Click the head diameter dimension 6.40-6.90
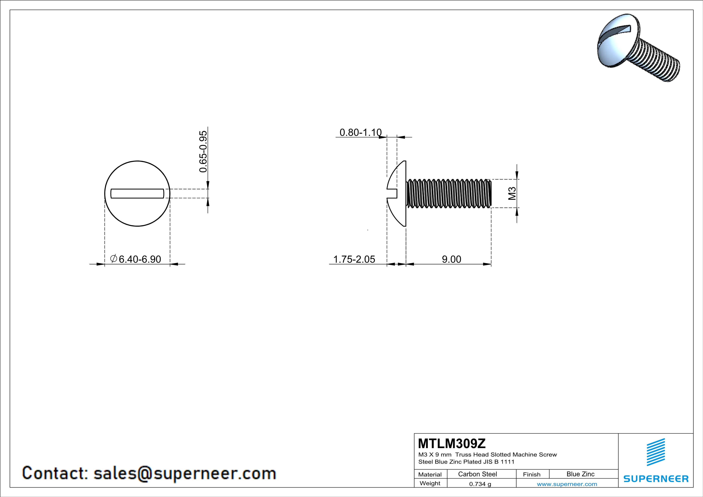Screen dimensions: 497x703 tap(140, 259)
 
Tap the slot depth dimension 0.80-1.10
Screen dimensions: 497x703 tap(360, 132)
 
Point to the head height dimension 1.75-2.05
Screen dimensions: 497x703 tap(354, 259)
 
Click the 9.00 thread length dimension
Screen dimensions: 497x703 tap(451, 259)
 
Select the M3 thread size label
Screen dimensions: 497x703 tap(512, 193)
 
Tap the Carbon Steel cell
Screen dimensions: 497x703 tap(477, 474)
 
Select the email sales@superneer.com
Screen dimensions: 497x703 tap(185, 473)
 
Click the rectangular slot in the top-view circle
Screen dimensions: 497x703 tap(137, 193)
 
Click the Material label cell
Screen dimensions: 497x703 tap(430, 474)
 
